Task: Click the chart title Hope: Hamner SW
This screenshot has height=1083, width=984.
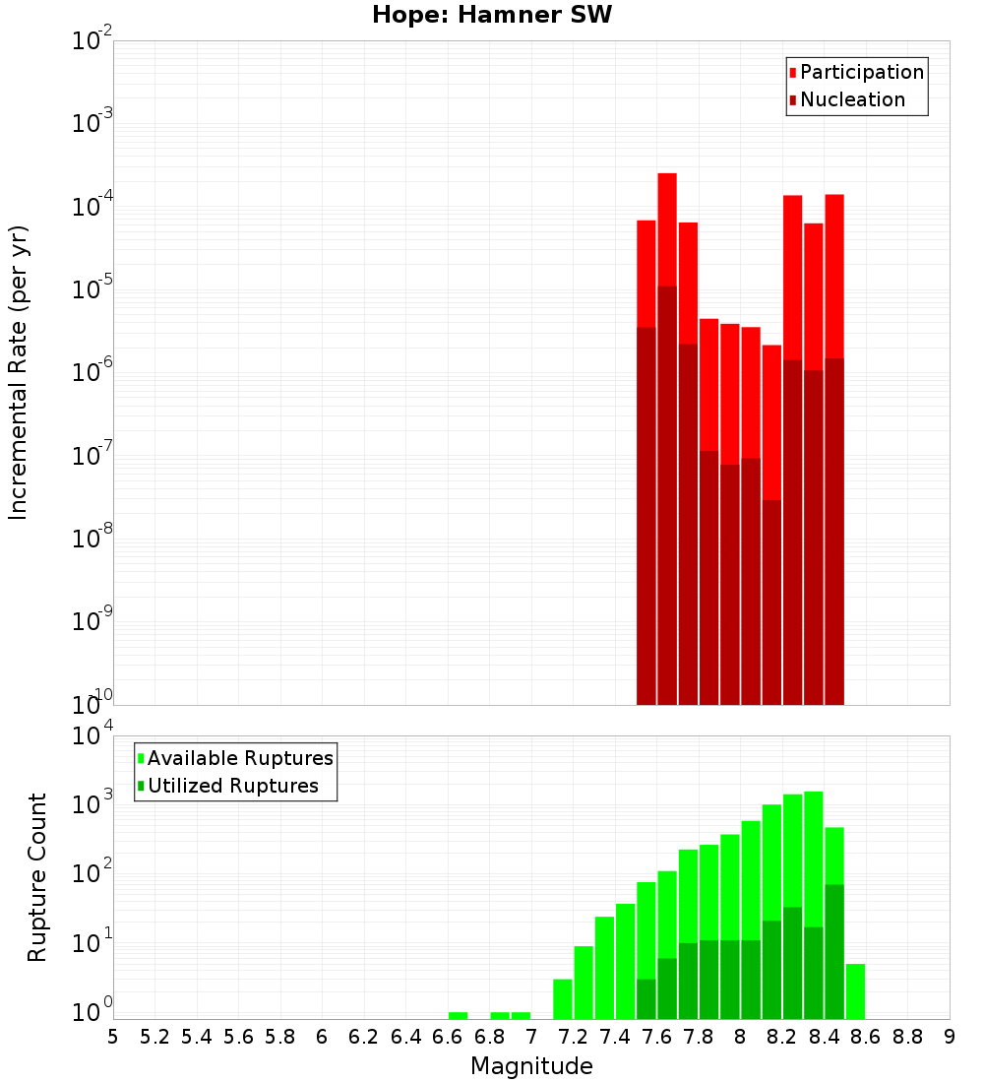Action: (x=492, y=16)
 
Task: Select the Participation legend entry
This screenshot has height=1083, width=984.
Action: (x=862, y=72)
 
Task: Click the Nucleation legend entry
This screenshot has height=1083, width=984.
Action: (x=852, y=99)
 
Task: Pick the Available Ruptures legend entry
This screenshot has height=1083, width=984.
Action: (x=240, y=758)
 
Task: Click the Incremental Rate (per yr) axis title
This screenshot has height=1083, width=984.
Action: (x=19, y=372)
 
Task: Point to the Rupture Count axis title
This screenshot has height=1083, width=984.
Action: (x=37, y=877)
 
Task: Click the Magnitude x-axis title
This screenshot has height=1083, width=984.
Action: (x=531, y=1066)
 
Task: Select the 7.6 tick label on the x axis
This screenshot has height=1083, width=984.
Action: (x=656, y=1037)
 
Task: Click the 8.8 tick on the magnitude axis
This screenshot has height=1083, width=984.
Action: (x=907, y=1037)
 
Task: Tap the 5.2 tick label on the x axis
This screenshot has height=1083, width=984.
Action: (x=154, y=1037)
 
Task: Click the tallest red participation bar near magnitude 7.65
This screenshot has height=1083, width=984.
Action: (x=667, y=226)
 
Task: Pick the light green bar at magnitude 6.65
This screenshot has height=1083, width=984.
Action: (x=458, y=1015)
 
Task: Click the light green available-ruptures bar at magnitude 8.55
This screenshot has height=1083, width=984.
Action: (x=855, y=991)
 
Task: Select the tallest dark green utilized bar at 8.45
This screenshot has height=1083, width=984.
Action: (x=834, y=951)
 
